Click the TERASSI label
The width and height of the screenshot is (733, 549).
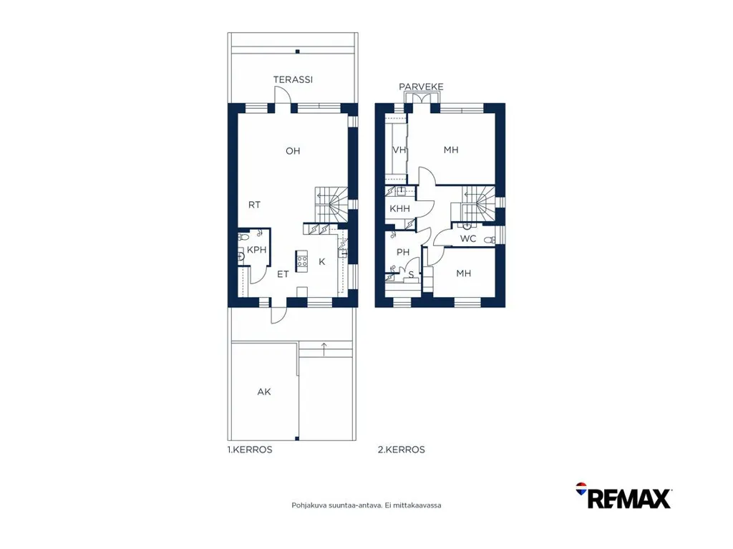(293, 79)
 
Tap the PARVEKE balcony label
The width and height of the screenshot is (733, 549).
(421, 87)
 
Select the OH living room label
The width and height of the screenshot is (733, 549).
(293, 151)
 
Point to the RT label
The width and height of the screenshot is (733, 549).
(254, 205)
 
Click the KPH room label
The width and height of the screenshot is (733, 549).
(257, 250)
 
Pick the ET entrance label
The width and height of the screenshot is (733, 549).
(283, 274)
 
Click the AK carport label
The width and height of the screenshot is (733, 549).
(264, 392)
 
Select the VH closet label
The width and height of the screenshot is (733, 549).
(399, 150)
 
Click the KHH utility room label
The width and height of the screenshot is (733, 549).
(399, 208)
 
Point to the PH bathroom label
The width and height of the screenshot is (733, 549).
(403, 252)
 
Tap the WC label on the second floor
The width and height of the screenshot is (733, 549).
(468, 238)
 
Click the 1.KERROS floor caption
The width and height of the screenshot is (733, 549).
(250, 450)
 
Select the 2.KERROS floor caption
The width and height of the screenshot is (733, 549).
(402, 450)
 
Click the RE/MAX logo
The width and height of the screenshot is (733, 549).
(623, 496)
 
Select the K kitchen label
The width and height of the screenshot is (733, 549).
(321, 262)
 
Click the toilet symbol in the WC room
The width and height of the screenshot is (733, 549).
(489, 240)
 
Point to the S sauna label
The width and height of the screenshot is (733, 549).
(412, 275)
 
